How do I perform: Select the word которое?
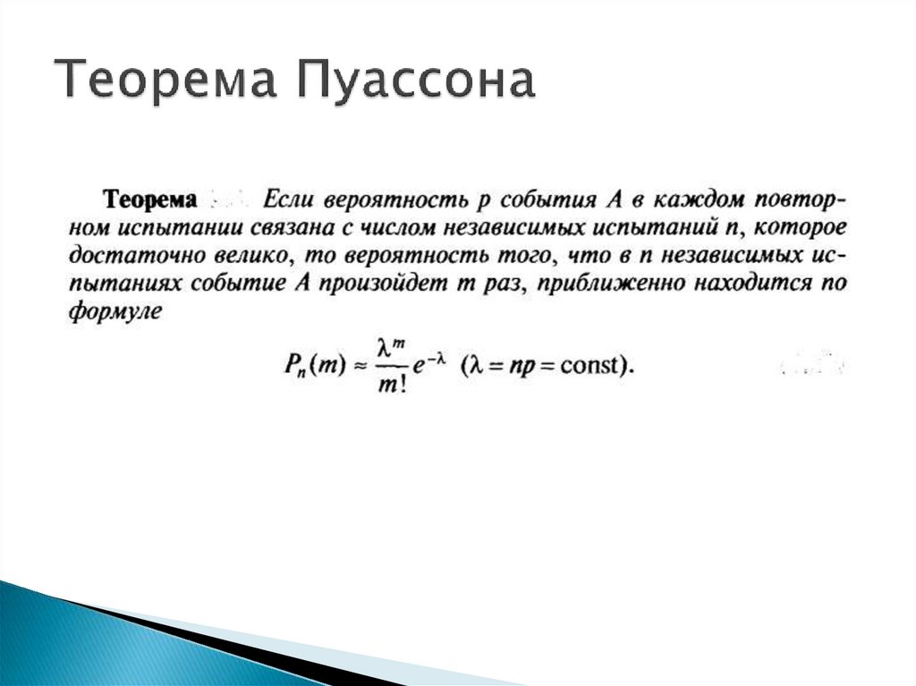(x=801, y=226)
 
